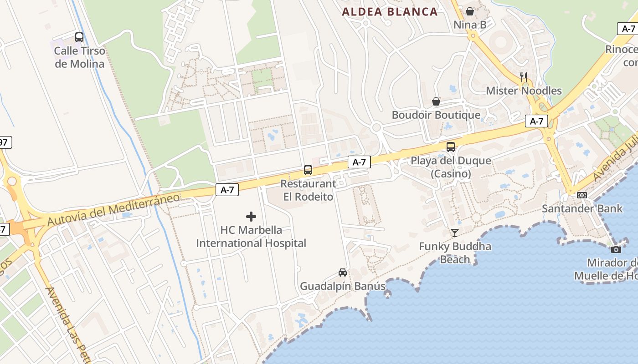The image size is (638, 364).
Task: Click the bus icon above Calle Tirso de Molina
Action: tap(79, 37)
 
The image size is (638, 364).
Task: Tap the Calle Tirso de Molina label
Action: tap(79, 57)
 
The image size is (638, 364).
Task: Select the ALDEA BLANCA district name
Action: tap(390, 12)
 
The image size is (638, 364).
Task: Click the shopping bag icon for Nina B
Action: tap(470, 11)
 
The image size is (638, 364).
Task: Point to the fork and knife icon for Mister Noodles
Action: tap(524, 77)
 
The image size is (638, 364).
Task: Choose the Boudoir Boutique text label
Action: tap(436, 115)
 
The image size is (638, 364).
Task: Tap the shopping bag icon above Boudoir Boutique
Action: tap(436, 101)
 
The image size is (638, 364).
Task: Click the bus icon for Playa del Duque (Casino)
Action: tap(451, 147)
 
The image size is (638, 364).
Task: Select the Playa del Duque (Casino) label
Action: tap(451, 167)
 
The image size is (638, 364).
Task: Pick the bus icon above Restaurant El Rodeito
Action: tap(308, 170)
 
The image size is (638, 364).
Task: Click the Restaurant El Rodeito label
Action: tap(308, 190)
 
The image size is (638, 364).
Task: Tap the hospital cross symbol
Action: tap(251, 217)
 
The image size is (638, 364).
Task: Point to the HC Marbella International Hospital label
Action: tap(251, 237)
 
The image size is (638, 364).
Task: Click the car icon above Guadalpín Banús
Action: tap(343, 273)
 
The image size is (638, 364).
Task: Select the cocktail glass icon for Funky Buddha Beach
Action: tap(455, 233)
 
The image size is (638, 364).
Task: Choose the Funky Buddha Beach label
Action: tap(455, 253)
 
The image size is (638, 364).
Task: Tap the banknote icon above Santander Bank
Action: tap(582, 195)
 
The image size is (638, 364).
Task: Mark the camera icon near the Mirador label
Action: tap(616, 249)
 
